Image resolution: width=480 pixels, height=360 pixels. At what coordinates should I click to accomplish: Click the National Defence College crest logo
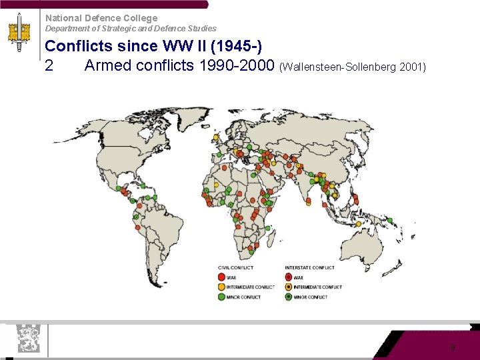click(x=19, y=35)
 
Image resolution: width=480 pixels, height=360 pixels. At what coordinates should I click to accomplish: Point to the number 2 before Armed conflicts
click(x=49, y=65)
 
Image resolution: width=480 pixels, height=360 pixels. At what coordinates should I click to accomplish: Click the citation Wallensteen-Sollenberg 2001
click(x=353, y=67)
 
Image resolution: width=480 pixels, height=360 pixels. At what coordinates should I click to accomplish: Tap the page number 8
click(x=453, y=347)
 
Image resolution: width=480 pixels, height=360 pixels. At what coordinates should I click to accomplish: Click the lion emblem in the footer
click(x=28, y=338)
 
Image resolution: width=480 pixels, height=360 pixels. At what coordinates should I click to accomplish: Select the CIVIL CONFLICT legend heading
click(x=235, y=268)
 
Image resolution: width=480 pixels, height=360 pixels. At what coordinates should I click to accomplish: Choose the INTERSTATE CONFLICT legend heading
click(x=309, y=268)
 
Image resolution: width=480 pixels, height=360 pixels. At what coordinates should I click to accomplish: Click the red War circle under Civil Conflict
click(x=221, y=277)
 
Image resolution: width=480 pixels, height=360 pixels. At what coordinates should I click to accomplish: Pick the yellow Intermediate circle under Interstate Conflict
click(x=288, y=287)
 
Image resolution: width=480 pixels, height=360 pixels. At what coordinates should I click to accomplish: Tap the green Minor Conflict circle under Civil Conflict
click(x=221, y=297)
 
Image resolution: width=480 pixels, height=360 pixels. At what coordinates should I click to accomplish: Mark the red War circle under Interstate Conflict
click(x=288, y=277)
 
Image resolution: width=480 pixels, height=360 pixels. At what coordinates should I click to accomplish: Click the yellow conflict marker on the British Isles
click(x=215, y=137)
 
